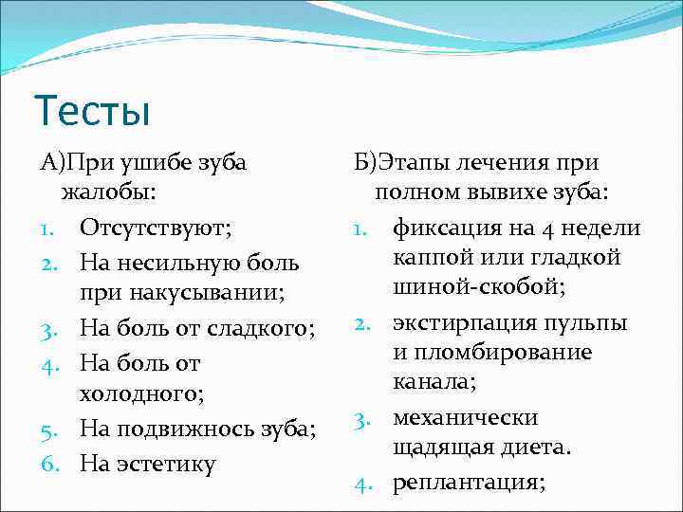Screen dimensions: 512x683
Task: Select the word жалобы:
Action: (x=109, y=194)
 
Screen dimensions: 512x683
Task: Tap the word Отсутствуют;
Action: (x=157, y=228)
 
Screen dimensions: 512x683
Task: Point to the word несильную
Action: (x=171, y=261)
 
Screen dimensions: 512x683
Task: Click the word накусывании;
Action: (x=175, y=294)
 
